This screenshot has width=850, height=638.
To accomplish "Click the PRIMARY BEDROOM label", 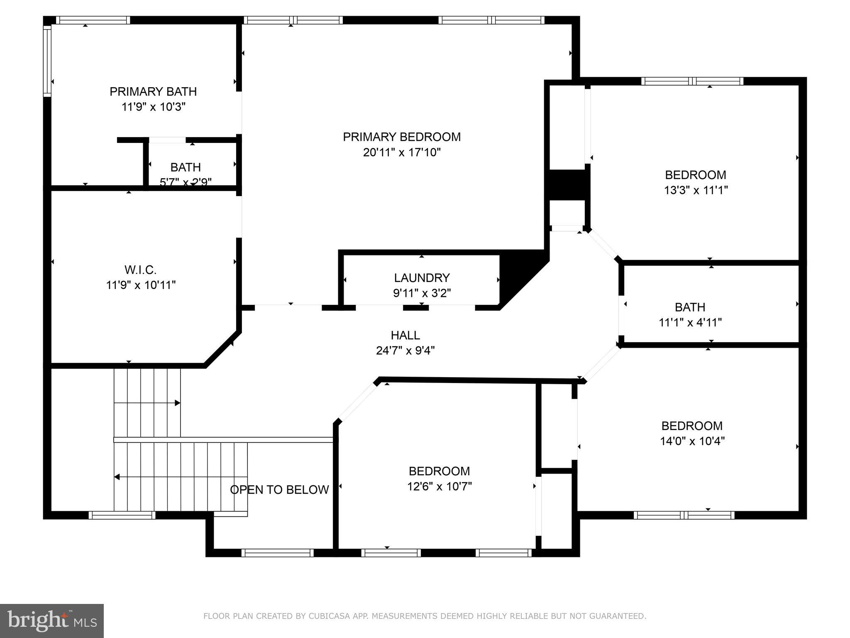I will tap(401, 137).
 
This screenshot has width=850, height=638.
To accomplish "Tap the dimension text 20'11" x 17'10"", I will tap(401, 152).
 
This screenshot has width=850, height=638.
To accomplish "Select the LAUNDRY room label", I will tap(422, 278).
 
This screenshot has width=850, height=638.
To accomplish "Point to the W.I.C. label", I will tap(140, 270).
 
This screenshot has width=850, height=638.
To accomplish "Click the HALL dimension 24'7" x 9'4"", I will tap(405, 351).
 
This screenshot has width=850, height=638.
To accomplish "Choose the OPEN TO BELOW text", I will tap(279, 490).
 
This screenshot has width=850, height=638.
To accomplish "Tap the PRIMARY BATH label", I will tap(153, 91).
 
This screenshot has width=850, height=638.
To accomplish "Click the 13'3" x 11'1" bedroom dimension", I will tap(696, 190).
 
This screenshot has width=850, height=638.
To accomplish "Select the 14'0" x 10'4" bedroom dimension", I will tap(692, 441).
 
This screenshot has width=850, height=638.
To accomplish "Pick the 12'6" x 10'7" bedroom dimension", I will tap(439, 486).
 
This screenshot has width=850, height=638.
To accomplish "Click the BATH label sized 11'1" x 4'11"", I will tap(690, 307).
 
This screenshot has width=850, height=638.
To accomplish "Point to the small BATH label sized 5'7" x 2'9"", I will tap(186, 167).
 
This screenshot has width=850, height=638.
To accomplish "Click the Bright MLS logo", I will tap(52, 621).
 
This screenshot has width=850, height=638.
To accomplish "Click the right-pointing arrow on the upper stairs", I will tap(177, 403).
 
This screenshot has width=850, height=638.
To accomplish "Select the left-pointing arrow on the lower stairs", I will tap(117, 477).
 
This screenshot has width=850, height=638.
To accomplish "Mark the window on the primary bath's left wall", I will tap(47, 61).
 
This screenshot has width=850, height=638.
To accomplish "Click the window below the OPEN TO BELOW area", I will tap(277, 553).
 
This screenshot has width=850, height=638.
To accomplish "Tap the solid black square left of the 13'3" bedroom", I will tap(567, 184).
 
